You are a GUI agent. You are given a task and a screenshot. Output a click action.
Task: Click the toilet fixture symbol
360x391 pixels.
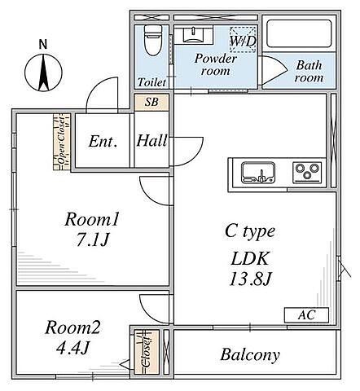(152, 40)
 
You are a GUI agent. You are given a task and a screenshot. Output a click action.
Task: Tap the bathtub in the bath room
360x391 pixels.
(300, 33)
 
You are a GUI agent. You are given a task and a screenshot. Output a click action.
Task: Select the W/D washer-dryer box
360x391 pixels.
(244, 39)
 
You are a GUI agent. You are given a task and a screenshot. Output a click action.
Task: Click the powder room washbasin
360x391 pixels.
(193, 35)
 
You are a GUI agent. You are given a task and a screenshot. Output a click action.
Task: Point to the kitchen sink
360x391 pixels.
(258, 173)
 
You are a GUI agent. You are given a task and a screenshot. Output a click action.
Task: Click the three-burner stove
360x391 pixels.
(307, 172)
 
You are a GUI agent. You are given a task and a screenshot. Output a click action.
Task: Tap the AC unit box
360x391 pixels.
(306, 315)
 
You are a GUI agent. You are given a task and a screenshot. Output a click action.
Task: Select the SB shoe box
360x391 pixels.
(151, 102)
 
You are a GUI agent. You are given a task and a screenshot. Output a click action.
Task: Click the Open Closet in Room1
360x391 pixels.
(62, 142)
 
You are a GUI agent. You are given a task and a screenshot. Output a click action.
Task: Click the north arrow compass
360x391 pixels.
(43, 72)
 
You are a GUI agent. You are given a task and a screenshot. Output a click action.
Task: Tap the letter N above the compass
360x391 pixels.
(43, 44)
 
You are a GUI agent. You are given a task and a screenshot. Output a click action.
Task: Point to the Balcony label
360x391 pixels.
(250, 355)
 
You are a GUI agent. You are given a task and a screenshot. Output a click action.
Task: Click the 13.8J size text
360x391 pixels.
(250, 279)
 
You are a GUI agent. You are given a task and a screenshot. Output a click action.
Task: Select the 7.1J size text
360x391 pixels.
(92, 239)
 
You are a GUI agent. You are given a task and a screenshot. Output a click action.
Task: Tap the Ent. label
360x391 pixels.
(103, 142)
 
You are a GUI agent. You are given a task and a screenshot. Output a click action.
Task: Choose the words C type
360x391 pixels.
(250, 232)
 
